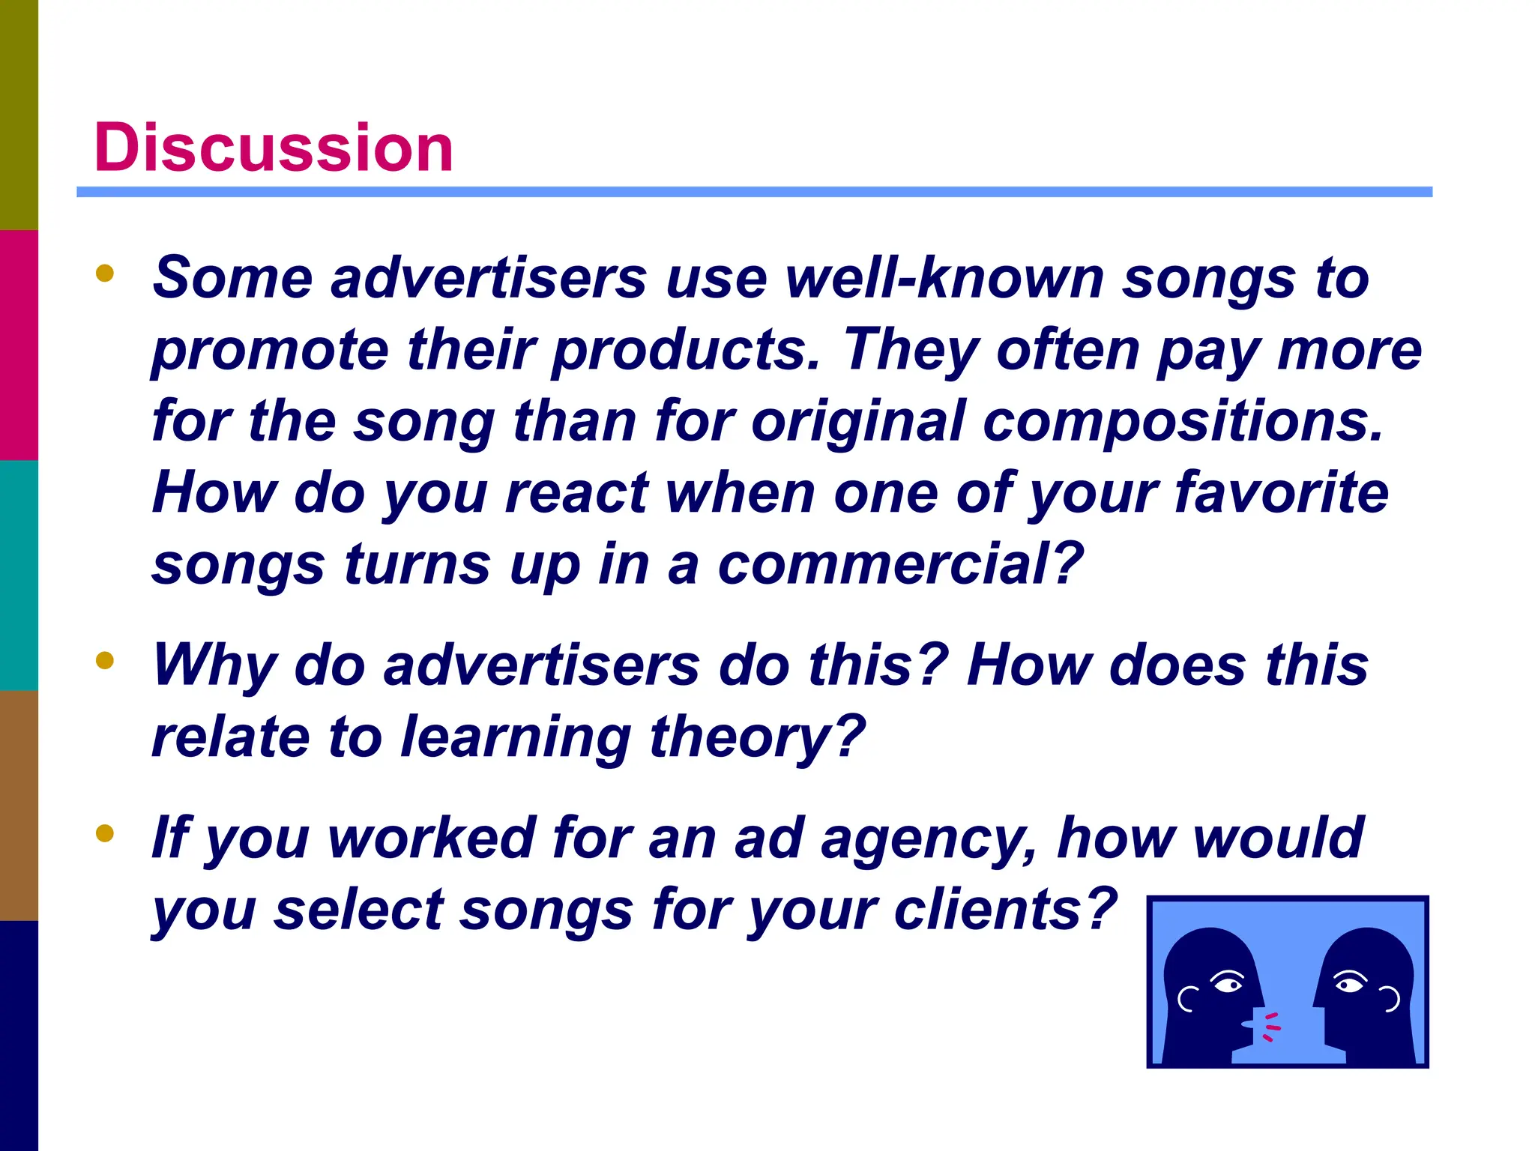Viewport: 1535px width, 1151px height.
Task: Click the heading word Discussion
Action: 273,148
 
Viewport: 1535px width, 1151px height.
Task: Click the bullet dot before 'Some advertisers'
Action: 105,274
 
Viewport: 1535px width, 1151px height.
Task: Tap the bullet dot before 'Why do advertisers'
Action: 105,660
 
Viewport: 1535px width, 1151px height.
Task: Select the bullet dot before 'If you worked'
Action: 105,833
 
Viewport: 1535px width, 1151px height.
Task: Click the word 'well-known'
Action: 944,278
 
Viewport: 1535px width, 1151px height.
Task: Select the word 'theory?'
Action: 758,737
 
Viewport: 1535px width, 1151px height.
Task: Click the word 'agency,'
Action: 929,839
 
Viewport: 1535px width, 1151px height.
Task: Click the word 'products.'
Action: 686,350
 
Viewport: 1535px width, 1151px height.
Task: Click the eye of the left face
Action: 1228,983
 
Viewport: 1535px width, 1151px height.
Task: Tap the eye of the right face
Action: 1350,983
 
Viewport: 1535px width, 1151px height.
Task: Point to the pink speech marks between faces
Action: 1270,1027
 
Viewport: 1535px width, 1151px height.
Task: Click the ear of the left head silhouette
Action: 1186,998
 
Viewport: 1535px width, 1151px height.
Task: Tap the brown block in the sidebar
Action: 19,805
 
